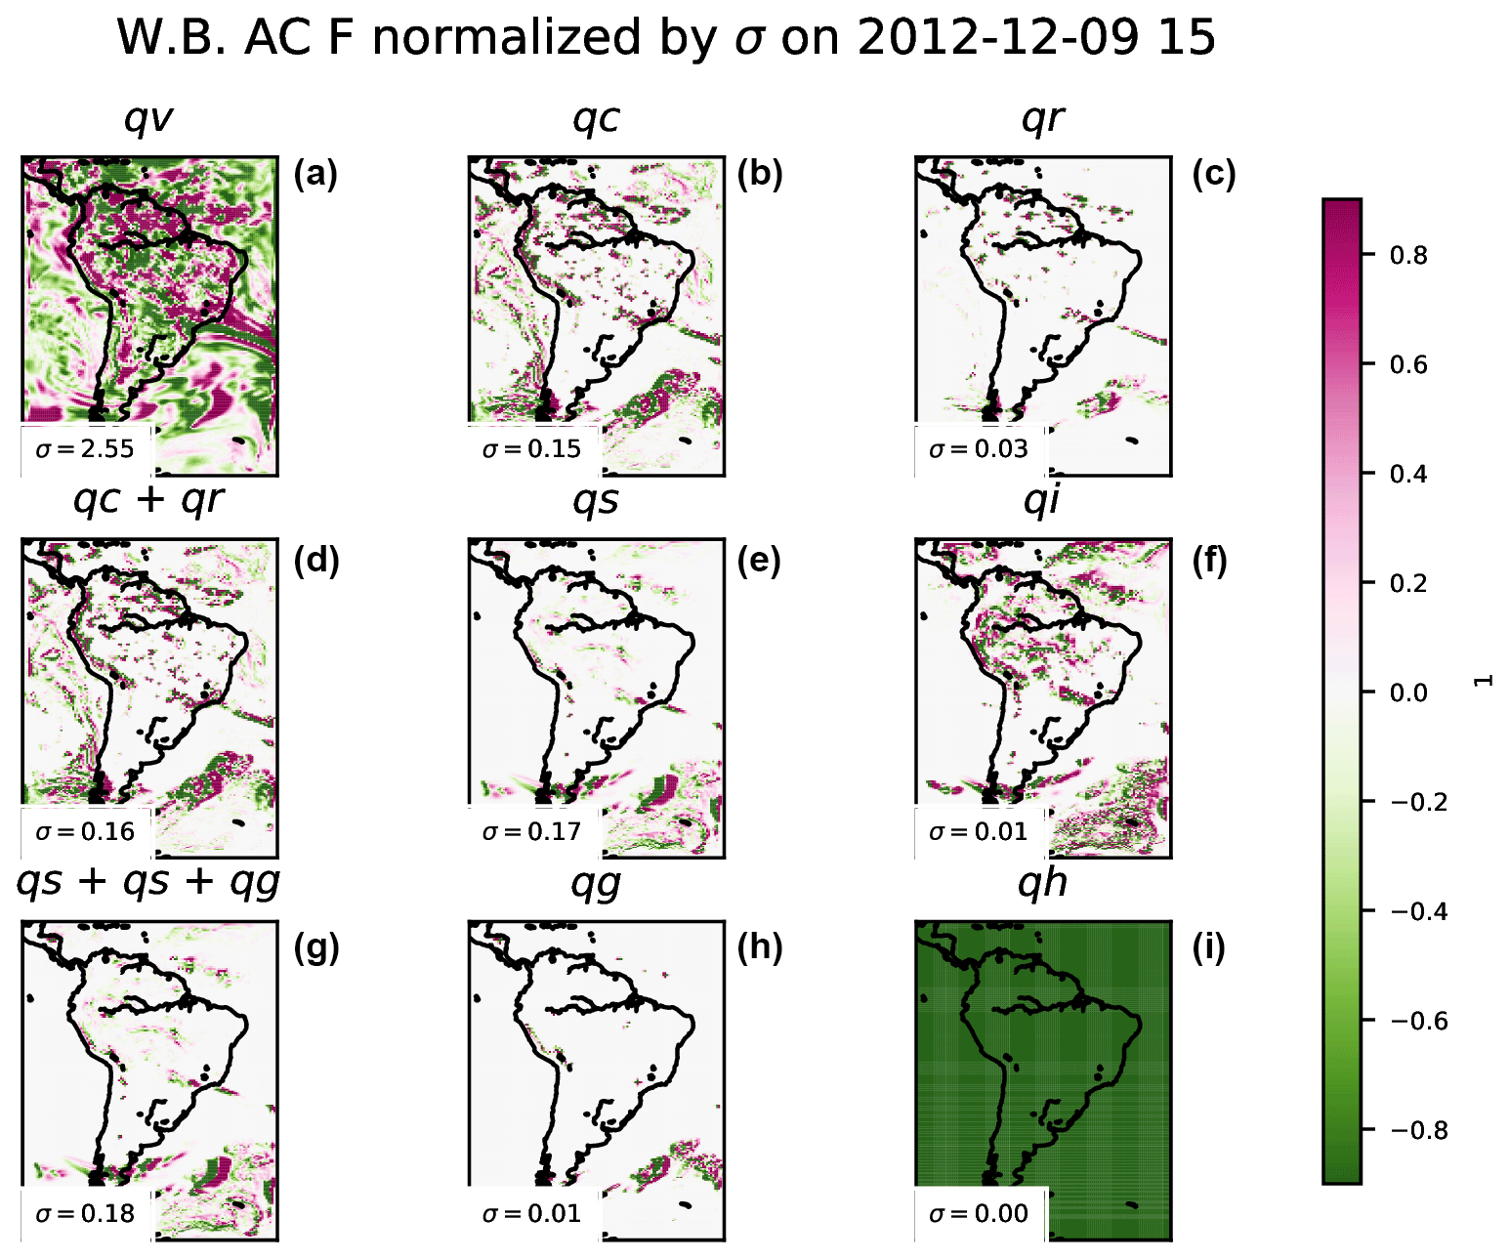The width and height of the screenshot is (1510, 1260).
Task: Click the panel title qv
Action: (148, 119)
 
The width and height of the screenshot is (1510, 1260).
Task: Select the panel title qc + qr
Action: (148, 500)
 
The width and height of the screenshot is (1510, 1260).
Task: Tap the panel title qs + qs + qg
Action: (148, 882)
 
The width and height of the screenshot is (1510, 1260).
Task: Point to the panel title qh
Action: (1042, 882)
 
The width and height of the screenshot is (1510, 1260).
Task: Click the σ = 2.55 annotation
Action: (85, 449)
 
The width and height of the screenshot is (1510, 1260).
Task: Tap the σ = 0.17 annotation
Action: (531, 832)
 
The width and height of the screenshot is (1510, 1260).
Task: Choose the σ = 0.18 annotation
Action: (85, 1214)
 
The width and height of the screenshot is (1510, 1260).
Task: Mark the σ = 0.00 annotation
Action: (979, 1214)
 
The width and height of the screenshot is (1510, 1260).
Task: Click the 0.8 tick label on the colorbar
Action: (1407, 256)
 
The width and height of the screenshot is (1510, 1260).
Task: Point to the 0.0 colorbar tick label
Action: (1407, 693)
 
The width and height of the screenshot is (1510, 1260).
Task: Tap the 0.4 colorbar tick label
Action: (1407, 475)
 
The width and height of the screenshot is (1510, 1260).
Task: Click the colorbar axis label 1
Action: (1484, 681)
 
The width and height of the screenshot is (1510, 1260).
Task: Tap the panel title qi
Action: (1042, 500)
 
